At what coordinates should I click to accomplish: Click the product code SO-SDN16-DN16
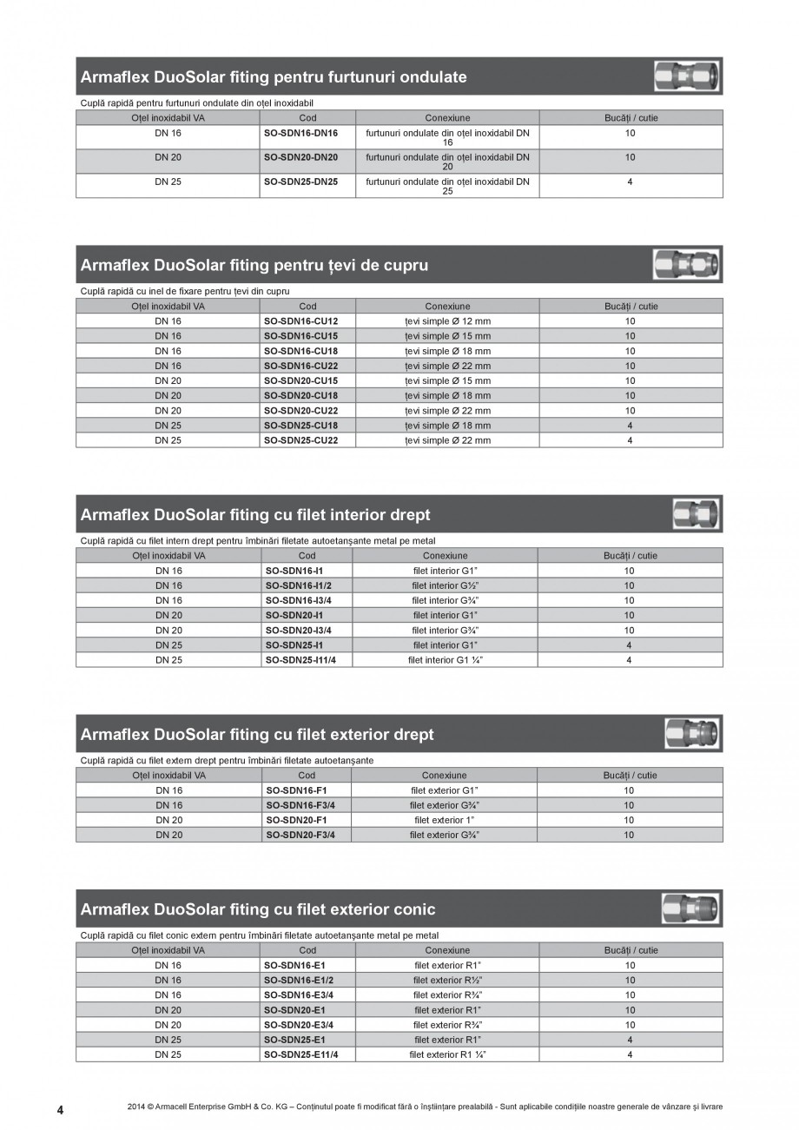coord(300,134)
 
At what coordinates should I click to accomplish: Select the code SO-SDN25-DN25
coord(300,182)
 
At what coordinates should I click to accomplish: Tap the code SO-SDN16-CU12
coord(300,321)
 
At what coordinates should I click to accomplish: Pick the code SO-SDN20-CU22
coord(300,411)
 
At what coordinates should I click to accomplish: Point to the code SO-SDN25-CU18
coord(300,426)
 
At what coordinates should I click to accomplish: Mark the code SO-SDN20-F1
coord(295,820)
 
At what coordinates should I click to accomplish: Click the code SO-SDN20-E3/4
coord(298,1025)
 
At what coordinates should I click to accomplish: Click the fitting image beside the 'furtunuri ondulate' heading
coord(688,77)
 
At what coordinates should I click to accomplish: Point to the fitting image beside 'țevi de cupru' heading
coord(687,264)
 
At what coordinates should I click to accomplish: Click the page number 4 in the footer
coord(60,1109)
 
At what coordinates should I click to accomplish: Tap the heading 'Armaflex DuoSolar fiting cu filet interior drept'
coord(255,515)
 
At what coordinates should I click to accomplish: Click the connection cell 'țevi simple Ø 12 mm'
coord(447,321)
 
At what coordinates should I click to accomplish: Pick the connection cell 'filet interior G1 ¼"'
coord(446,660)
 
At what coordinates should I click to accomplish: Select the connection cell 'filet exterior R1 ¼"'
coord(447,1054)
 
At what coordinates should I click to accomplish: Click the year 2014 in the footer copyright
coord(135,1107)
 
